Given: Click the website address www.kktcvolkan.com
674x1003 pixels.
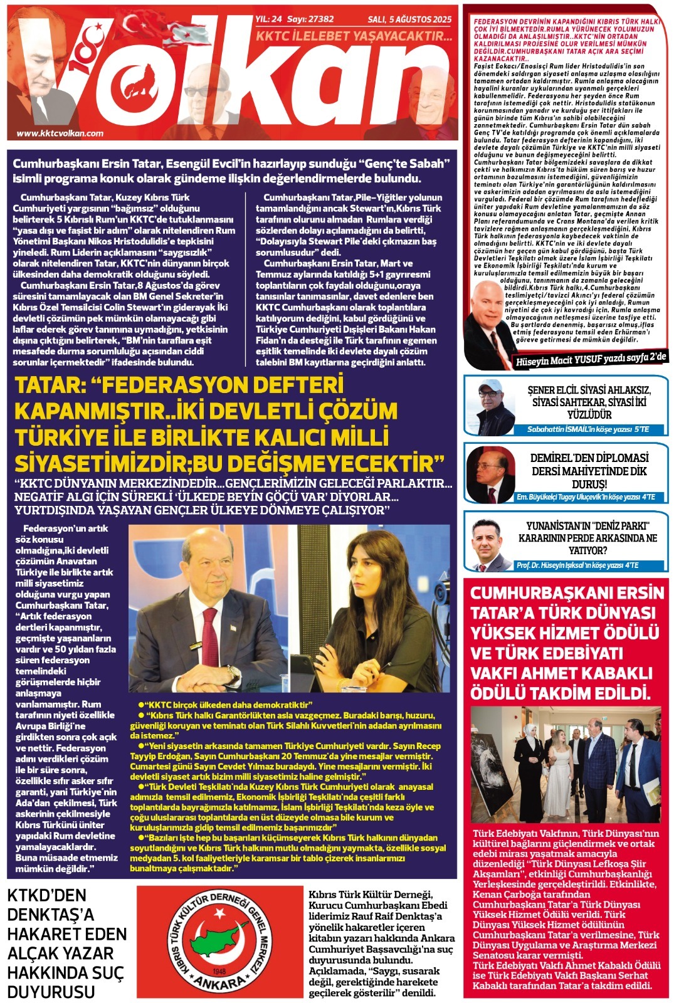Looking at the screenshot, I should click(60, 133).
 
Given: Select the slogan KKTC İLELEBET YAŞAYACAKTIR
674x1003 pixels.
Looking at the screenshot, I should click(354, 36).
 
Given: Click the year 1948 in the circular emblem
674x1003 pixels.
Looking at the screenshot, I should click(219, 970).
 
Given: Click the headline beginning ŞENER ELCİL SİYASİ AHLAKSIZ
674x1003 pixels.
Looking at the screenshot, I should click(589, 402).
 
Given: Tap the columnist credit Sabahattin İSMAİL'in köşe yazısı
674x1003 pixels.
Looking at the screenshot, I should click(587, 429).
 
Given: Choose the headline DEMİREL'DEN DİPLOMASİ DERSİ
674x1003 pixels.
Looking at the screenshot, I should click(589, 471).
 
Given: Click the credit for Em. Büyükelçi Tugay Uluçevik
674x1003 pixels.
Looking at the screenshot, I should click(586, 497).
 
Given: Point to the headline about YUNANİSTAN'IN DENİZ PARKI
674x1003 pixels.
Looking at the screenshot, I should click(587, 538).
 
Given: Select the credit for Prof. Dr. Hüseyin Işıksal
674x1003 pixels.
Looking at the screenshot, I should click(577, 565).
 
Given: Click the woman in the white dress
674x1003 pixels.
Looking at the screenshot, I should click(557, 777).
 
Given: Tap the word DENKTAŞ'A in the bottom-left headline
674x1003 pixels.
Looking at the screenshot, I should click(50, 915).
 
